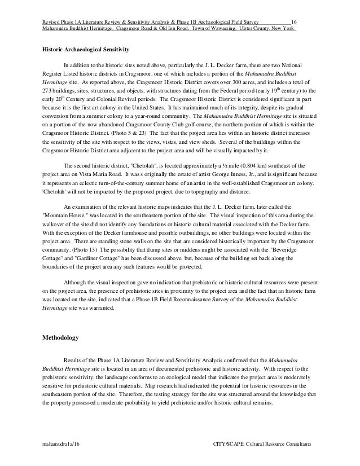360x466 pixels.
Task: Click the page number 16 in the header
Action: [x=293, y=21]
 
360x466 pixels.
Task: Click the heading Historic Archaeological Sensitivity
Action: [x=87, y=51]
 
